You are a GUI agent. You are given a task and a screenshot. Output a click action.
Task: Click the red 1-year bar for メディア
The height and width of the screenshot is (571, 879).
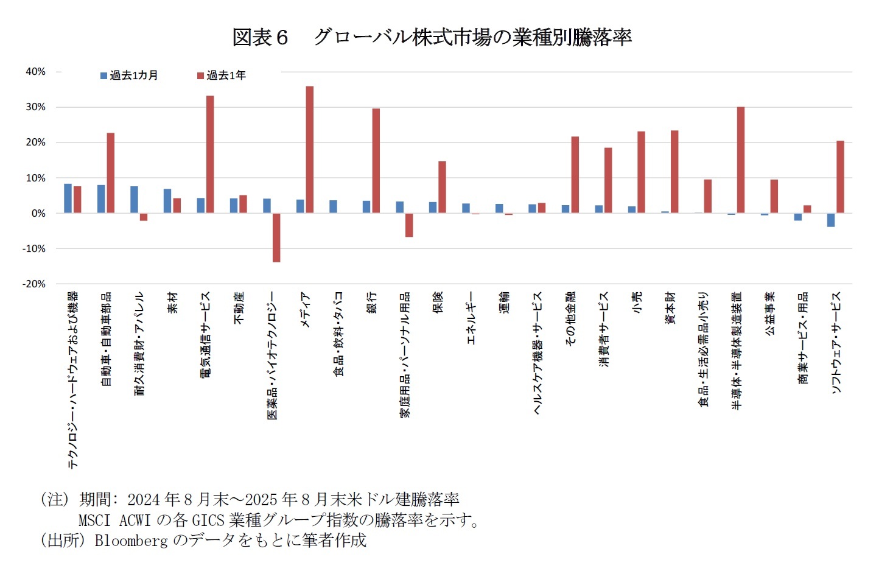[310, 149]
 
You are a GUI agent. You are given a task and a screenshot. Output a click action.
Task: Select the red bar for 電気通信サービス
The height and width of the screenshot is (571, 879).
[210, 154]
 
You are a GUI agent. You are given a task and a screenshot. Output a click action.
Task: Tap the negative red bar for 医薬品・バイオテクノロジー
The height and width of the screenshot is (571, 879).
[276, 237]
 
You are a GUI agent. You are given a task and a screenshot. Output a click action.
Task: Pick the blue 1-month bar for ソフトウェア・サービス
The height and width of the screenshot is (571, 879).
[830, 220]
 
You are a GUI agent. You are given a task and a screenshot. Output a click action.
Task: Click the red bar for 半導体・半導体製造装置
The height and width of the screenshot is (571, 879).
[741, 159]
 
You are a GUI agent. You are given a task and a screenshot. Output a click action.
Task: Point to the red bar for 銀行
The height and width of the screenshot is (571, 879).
[376, 161]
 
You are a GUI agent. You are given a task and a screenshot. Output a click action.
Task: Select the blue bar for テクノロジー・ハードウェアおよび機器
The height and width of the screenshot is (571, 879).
[68, 198]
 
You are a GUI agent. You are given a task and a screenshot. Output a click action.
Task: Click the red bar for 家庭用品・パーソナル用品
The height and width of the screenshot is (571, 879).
[409, 225]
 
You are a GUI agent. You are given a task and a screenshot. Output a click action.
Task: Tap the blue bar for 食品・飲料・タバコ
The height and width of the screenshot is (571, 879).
[334, 206]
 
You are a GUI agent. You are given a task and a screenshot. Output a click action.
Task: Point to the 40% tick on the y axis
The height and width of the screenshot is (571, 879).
[35, 72]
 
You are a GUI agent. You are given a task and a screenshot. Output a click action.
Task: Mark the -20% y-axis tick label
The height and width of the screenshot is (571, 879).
[34, 284]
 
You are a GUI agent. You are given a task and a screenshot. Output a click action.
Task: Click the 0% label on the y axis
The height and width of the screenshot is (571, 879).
[38, 214]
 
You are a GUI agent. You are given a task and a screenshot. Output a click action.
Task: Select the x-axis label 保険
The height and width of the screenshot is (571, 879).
[438, 302]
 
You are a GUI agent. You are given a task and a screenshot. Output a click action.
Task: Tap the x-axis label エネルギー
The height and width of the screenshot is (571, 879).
[471, 318]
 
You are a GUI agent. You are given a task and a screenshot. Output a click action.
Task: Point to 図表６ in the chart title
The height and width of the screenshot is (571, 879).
[260, 38]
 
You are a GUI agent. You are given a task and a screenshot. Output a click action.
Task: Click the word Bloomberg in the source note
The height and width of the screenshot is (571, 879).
[131, 541]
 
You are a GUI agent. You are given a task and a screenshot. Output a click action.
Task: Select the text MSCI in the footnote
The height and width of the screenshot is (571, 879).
[94, 520]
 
